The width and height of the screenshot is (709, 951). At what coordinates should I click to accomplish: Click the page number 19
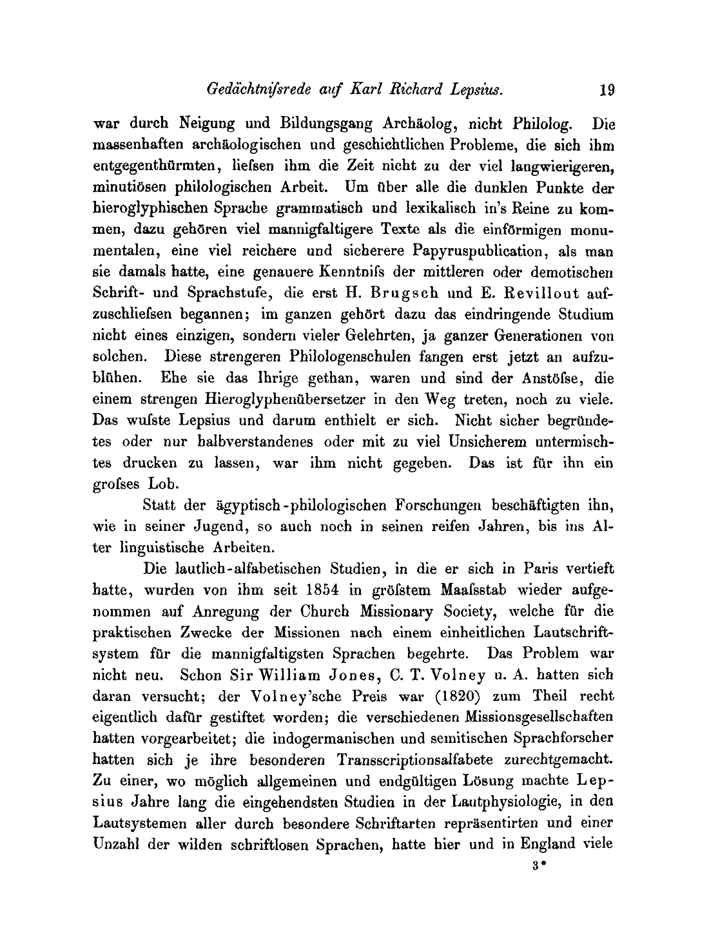pos(607,90)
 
